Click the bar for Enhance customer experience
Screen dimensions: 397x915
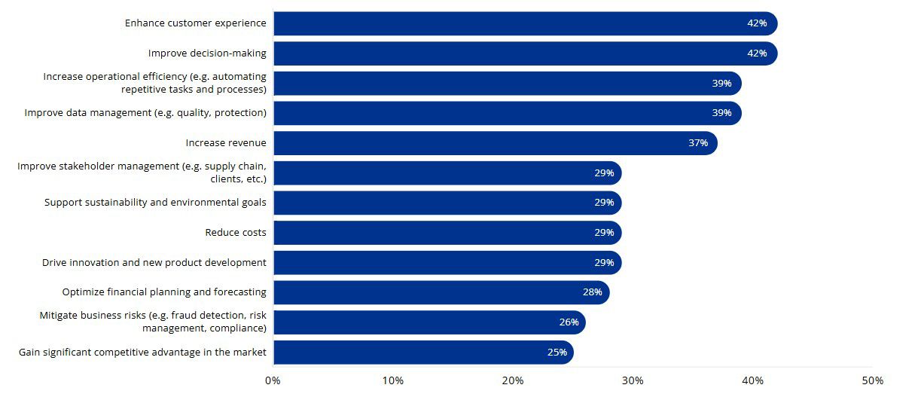(525, 23)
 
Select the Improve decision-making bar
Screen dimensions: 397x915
(525, 53)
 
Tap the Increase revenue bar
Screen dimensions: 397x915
(495, 143)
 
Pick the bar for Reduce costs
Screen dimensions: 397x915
(447, 233)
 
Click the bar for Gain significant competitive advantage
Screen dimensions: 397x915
(423, 352)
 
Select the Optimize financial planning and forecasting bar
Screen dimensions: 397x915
(441, 292)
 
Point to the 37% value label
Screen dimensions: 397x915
(697, 143)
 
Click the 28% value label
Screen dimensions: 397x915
(592, 292)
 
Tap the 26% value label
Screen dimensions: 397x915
(569, 322)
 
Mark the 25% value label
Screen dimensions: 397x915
(557, 352)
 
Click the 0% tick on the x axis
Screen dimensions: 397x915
(273, 380)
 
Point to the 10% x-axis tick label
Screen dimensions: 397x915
(393, 380)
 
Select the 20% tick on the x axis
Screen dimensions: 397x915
(513, 380)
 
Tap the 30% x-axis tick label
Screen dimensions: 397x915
(633, 380)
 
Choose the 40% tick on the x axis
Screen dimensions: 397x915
(752, 380)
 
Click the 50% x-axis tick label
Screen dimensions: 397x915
(872, 380)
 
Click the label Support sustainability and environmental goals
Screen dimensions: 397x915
(155, 203)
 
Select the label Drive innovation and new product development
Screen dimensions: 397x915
(154, 263)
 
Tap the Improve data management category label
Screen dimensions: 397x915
(145, 113)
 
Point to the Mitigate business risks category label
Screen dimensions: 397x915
(153, 322)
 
